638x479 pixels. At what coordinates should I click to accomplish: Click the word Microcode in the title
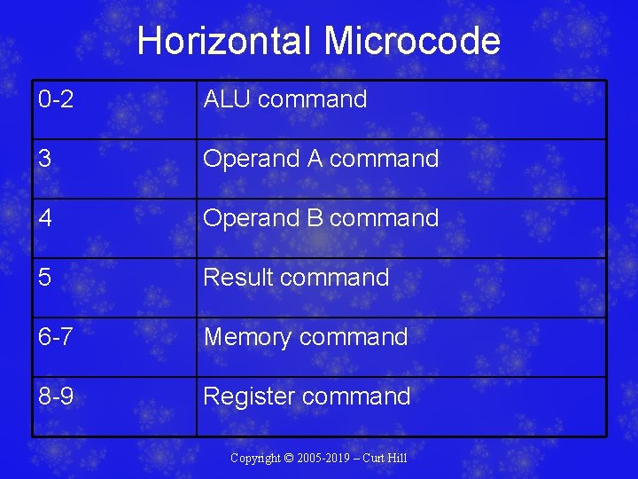pos(412,41)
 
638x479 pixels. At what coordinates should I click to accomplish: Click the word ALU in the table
pos(226,99)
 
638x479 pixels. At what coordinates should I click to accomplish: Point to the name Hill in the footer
pos(398,458)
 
